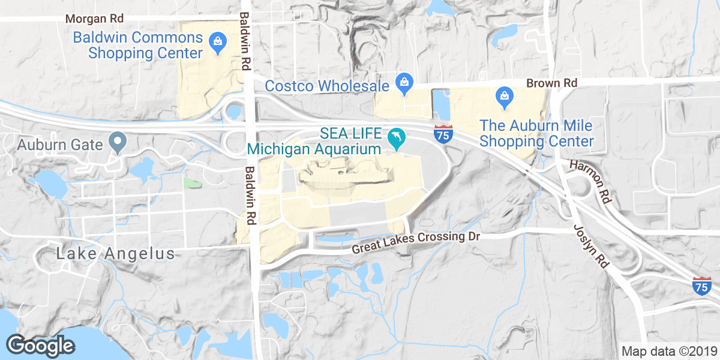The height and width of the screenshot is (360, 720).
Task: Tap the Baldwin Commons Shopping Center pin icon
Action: [215, 42]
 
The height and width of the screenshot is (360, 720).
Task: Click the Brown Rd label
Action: [551, 83]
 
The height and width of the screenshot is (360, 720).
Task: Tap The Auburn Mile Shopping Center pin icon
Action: [504, 97]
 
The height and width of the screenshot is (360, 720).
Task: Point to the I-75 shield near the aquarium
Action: [443, 134]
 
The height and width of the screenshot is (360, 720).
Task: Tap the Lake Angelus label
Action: [115, 254]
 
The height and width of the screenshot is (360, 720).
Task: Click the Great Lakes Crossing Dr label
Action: [416, 242]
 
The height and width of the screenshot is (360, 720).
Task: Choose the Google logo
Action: [40, 345]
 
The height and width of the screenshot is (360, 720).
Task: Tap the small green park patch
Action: [192, 183]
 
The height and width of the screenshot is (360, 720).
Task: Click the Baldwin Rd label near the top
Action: [244, 41]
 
